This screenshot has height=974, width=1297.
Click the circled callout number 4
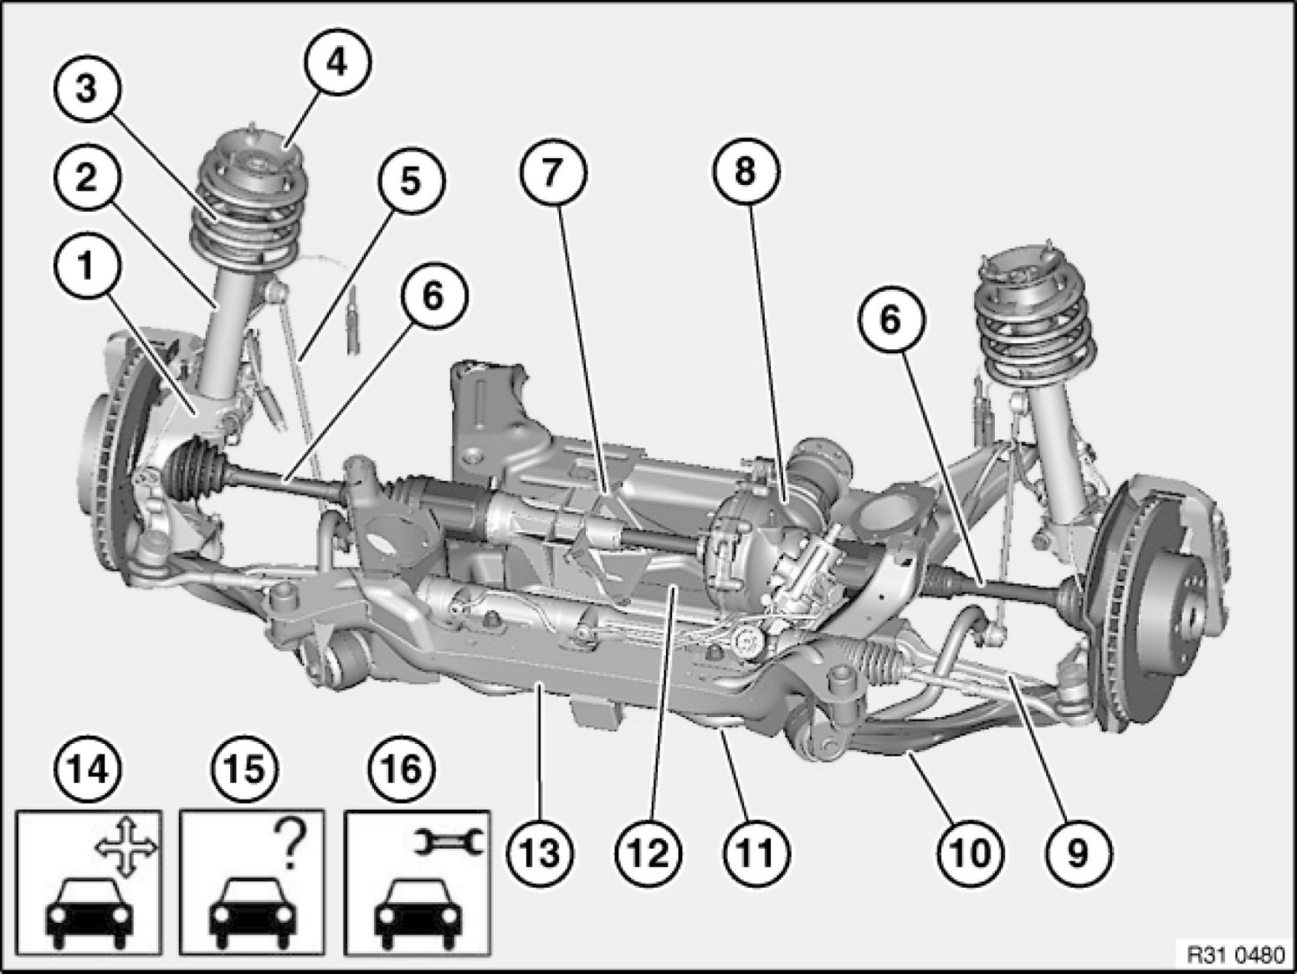(x=337, y=62)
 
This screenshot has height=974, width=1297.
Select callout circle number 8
(x=746, y=172)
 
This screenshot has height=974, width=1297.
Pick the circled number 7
(x=553, y=174)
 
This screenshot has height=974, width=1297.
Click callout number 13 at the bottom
(x=541, y=854)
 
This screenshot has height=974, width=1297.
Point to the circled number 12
(x=648, y=854)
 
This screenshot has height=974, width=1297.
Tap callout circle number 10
(x=970, y=854)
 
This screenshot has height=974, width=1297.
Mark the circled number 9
(x=1078, y=854)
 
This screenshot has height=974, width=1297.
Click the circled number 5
(x=412, y=181)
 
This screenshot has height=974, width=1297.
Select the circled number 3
(x=86, y=92)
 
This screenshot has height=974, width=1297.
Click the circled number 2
(x=86, y=178)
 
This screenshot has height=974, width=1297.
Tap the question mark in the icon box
(x=290, y=846)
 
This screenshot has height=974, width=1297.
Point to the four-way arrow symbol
(x=126, y=849)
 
